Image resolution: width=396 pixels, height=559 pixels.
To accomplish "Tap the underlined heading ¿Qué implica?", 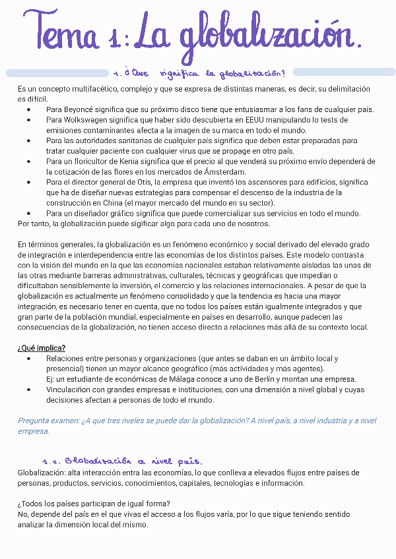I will pyautogui.click(x=42, y=348).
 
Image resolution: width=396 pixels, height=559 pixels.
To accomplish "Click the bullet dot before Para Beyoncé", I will pyautogui.click(x=28, y=109).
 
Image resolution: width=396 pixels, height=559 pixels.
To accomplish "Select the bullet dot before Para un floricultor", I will pyautogui.click(x=28, y=162).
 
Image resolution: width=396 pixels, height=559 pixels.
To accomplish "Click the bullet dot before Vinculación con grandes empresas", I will pyautogui.click(x=28, y=390).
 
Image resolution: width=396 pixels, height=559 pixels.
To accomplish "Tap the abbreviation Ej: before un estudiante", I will pyautogui.click(x=51, y=379).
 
